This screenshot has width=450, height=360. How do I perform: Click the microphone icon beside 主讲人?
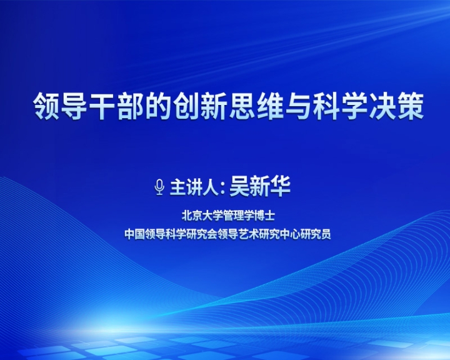tap(159, 187)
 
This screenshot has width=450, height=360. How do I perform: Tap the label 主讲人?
tap(194, 187)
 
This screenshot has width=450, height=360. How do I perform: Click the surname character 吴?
tap(239, 187)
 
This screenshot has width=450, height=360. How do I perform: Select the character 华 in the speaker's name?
tap(280, 187)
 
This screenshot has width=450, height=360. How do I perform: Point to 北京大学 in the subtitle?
tap(202, 216)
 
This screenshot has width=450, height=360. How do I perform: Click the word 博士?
tap(264, 216)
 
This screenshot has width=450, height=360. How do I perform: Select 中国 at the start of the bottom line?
tap(134, 234)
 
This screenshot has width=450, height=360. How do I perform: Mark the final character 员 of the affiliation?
tap(326, 234)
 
